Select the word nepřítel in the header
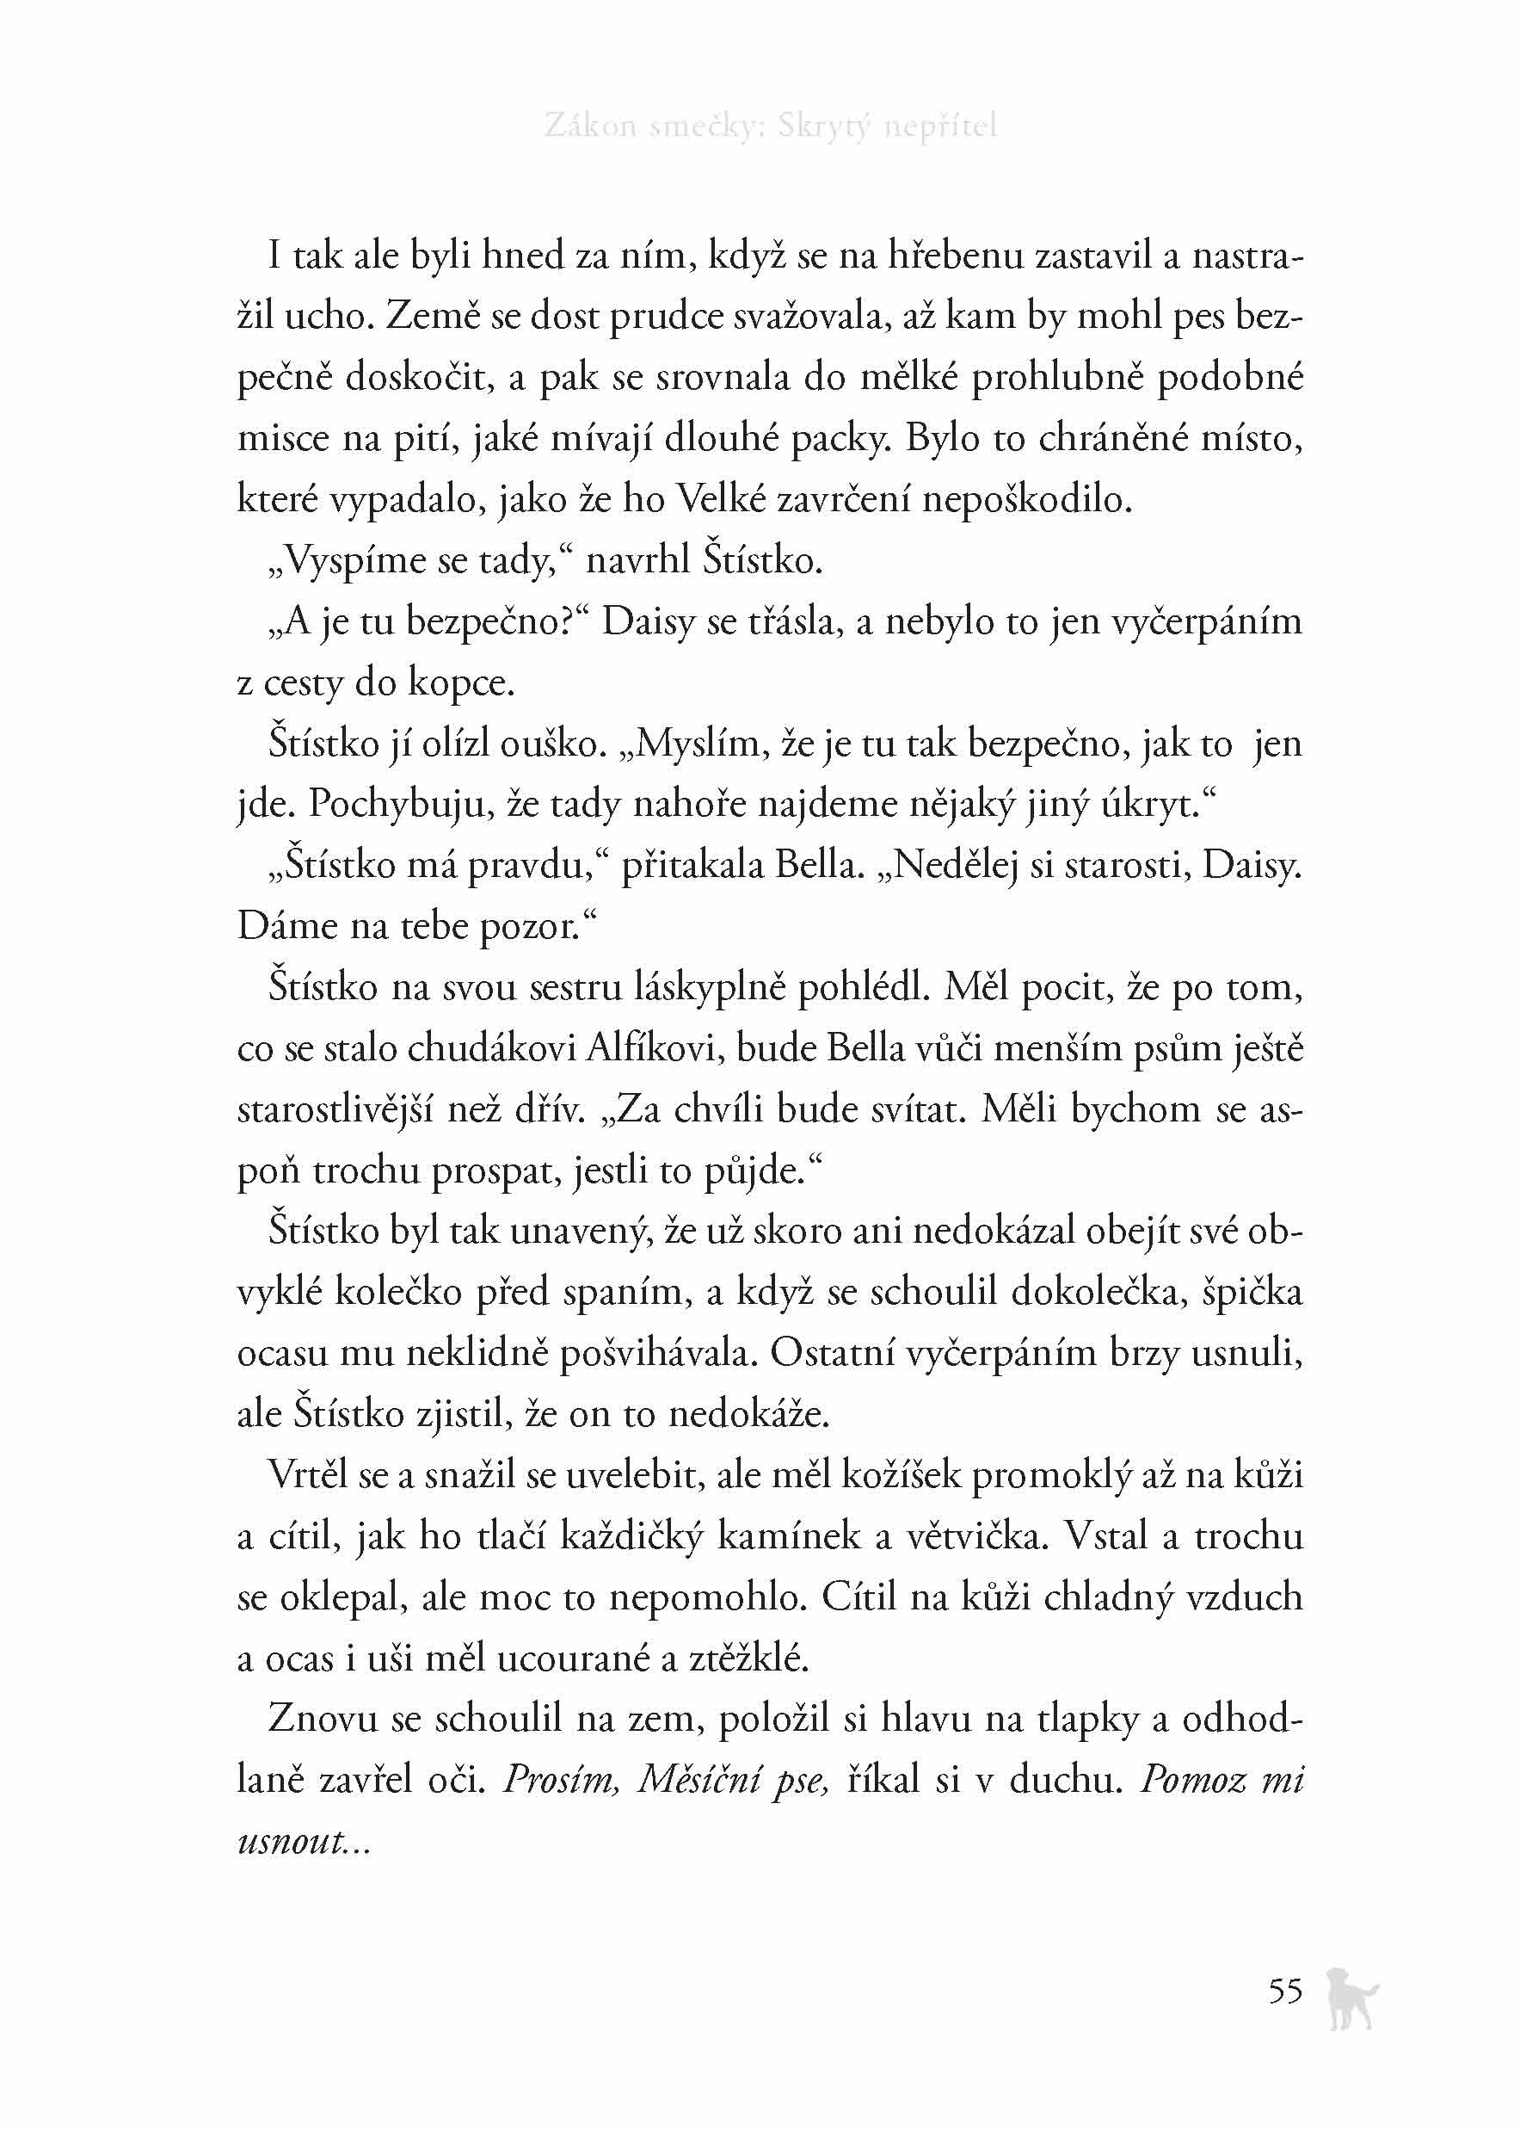(x=939, y=127)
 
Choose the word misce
(x=283, y=438)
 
